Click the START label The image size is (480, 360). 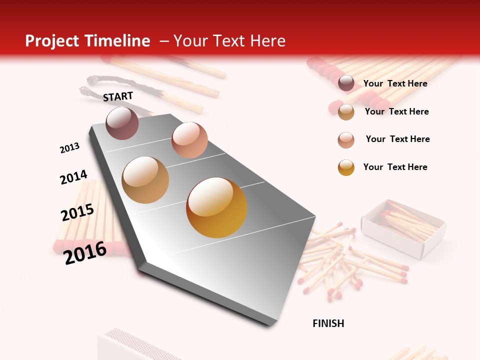[x=118, y=96]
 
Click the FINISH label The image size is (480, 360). [x=328, y=323]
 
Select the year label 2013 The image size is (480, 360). [x=70, y=147]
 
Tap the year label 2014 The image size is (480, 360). [x=73, y=177]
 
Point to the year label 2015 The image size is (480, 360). [x=77, y=212]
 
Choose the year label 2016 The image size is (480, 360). [x=85, y=252]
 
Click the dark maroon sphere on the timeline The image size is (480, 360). [x=122, y=123]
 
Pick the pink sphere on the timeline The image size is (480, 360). [x=189, y=140]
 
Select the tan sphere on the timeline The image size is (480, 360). [x=145, y=180]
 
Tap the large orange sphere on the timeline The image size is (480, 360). [x=216, y=207]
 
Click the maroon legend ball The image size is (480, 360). [x=346, y=83]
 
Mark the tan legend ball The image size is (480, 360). [x=346, y=112]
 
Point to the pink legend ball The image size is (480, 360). [x=346, y=140]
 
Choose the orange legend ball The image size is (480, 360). [x=346, y=167]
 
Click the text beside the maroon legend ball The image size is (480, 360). [x=395, y=83]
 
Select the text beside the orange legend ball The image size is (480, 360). [x=395, y=167]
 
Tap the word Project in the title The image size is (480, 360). [x=52, y=41]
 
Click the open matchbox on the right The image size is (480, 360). [x=404, y=228]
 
